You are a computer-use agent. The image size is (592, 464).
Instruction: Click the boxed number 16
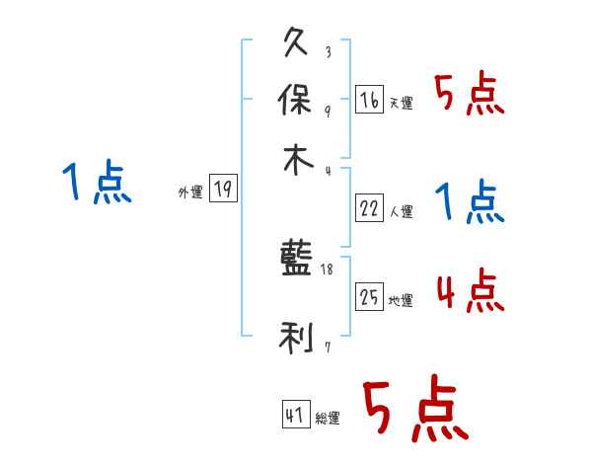click(x=369, y=100)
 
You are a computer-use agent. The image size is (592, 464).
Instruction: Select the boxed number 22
click(x=369, y=208)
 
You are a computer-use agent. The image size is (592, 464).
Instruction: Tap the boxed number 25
click(x=369, y=297)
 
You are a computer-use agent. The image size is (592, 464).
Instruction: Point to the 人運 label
click(x=402, y=211)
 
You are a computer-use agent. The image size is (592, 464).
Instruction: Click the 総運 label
click(x=328, y=419)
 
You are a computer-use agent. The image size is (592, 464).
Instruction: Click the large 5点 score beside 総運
click(x=414, y=410)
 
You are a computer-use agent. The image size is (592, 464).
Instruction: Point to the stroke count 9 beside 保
click(x=328, y=111)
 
